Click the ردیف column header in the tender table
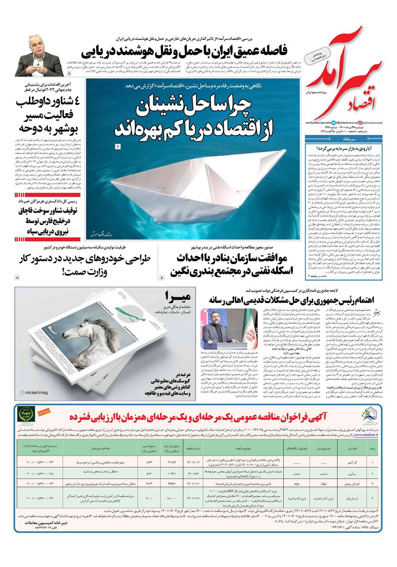pyautogui.click(x=372, y=448)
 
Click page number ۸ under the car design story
pyautogui.click(x=17, y=277)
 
